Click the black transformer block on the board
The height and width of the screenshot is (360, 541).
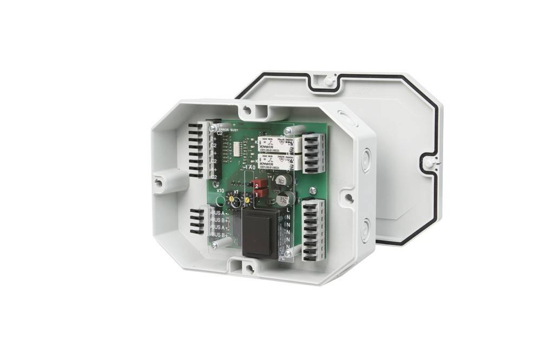[260, 232]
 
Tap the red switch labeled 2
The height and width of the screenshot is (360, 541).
[261, 183]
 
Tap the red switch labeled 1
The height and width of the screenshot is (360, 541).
[261, 192]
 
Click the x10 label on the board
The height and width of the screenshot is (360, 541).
[220, 190]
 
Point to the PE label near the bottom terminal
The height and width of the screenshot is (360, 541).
[282, 259]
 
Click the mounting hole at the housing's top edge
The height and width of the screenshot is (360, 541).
[247, 110]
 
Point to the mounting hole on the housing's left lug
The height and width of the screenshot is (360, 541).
[158, 182]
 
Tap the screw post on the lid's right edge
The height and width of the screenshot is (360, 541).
[428, 162]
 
